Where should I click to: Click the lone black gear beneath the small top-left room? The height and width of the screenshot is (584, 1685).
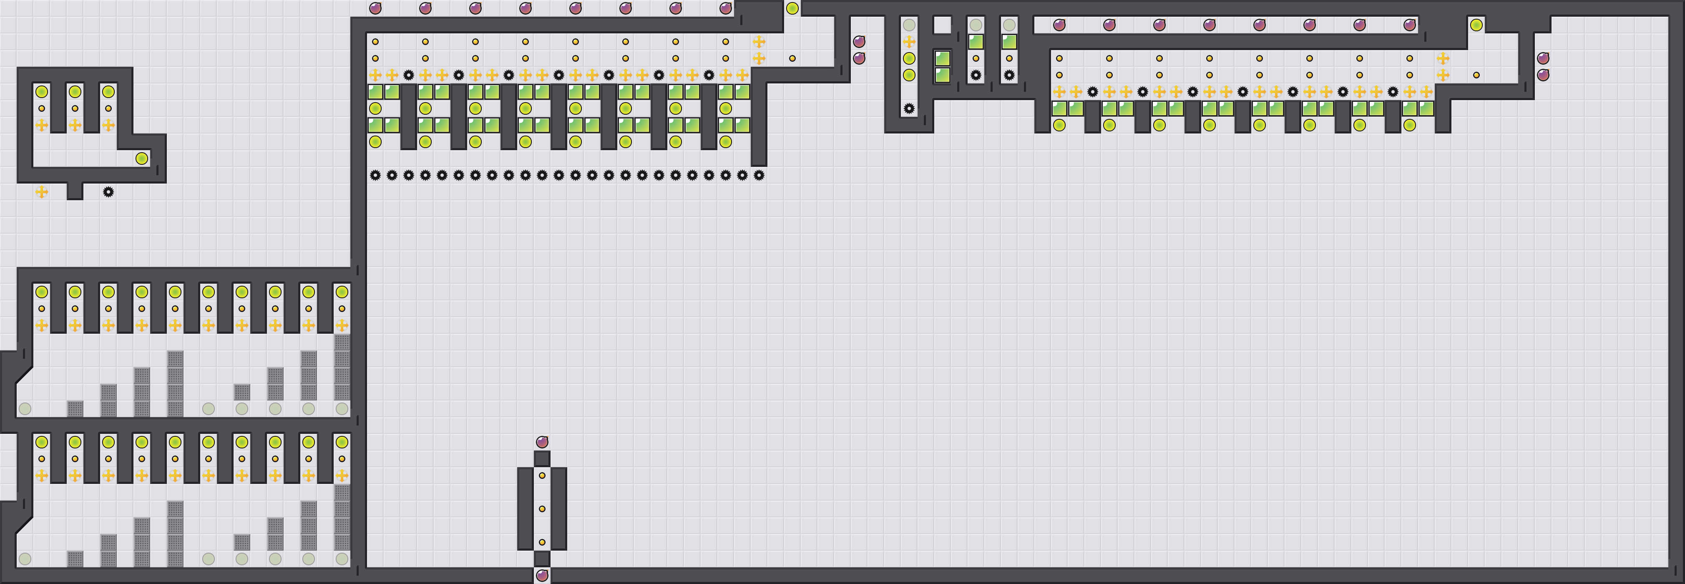point(108,191)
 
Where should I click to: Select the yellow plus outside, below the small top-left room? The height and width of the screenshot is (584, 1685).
point(42,191)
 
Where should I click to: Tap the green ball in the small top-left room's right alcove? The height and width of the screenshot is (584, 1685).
point(142,158)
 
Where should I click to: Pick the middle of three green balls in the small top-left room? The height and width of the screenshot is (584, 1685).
point(75,91)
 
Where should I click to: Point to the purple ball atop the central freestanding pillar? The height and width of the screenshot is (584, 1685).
point(542,442)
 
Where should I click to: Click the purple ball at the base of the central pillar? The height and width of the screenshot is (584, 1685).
point(542,576)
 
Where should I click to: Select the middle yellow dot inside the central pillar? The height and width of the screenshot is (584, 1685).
point(542,509)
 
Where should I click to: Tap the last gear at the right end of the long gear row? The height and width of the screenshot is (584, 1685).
point(759,175)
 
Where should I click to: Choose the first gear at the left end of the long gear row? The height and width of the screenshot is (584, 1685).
point(375,175)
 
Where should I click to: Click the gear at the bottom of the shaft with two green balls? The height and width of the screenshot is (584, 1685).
point(909,108)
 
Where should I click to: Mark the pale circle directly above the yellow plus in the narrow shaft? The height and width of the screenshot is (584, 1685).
point(909,25)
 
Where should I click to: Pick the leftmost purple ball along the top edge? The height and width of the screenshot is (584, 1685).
point(375,8)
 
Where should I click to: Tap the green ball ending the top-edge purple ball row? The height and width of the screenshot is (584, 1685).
point(792,8)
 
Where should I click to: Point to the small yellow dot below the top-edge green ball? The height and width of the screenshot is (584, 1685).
point(792,58)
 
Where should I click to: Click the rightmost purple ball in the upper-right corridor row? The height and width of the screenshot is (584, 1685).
point(1410,25)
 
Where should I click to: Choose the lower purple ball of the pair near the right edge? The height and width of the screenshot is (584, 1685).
point(1543,75)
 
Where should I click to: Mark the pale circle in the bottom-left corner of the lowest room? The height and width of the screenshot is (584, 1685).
point(25,559)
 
